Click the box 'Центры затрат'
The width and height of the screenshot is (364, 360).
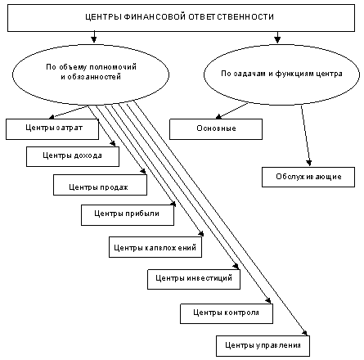click(x=52, y=128)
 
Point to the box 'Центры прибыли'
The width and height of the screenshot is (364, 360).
click(x=127, y=214)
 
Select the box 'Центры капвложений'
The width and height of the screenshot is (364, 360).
click(x=155, y=246)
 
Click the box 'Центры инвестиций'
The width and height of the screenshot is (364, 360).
click(x=194, y=279)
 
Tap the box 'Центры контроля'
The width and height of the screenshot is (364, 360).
click(x=226, y=313)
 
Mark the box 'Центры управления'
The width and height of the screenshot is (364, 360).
click(x=263, y=346)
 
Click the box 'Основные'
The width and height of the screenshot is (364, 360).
click(x=216, y=128)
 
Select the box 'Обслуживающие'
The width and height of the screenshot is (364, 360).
click(x=308, y=177)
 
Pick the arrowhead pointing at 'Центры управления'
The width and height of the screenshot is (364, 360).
click(x=307, y=332)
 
